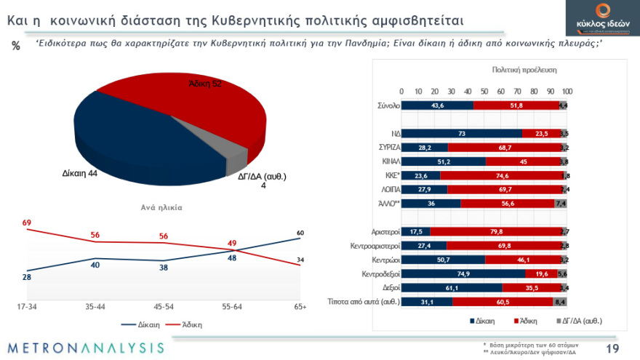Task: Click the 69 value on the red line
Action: tap(27, 222)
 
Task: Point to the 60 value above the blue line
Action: tap(300, 233)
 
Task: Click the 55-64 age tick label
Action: tap(231, 307)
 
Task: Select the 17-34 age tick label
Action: tap(28, 307)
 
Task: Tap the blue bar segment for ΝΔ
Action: tap(462, 133)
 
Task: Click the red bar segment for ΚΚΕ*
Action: tap(502, 175)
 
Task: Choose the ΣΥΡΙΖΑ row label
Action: tap(385, 148)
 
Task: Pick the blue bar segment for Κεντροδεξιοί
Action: tap(463, 273)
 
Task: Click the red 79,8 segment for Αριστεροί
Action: tap(496, 231)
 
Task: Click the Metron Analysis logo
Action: tap(87, 347)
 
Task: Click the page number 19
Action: tap(612, 348)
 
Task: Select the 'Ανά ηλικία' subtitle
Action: tap(161, 207)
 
